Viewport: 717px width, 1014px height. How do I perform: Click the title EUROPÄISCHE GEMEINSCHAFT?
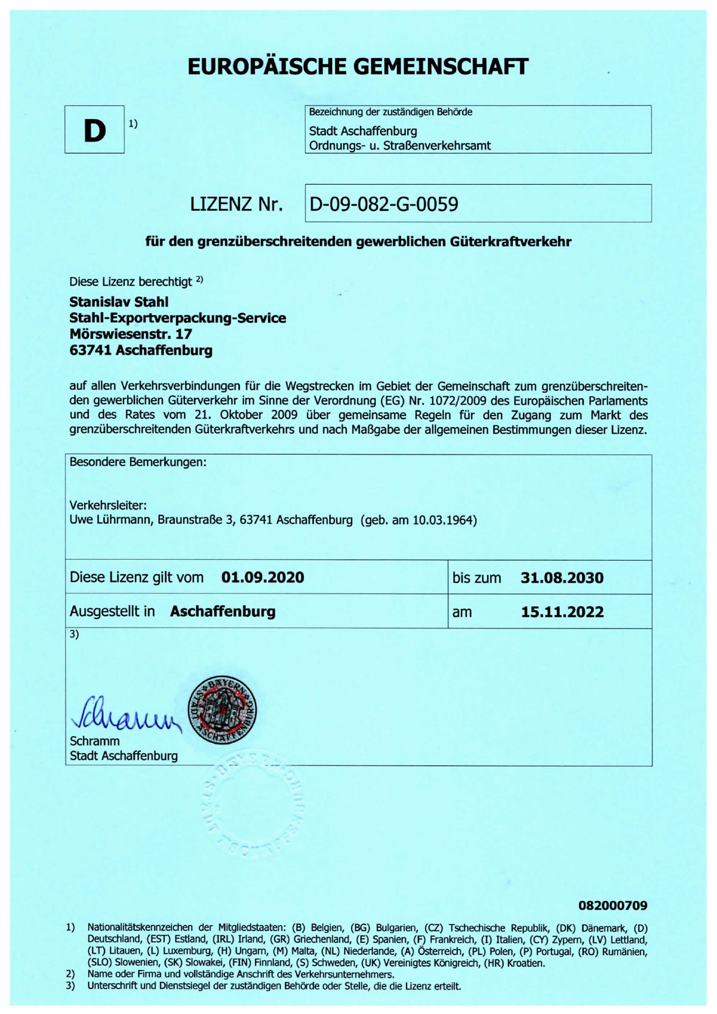358,67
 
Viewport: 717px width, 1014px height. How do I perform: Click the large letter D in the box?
95,130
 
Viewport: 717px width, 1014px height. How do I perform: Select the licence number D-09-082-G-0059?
384,204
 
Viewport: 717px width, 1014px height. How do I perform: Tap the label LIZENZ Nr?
236,204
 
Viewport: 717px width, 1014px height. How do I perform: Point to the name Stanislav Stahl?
119,302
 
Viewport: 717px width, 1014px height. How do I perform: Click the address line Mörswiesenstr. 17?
130,334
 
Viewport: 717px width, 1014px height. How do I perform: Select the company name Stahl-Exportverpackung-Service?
177,318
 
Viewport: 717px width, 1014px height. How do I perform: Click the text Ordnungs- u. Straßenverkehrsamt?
400,145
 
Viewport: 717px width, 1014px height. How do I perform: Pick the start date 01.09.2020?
262,577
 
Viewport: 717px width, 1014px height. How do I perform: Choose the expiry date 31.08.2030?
562,577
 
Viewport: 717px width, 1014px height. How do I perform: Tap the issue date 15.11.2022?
562,612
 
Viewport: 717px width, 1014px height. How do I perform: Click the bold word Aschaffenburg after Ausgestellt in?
222,612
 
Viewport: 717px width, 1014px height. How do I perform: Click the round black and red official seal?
222,710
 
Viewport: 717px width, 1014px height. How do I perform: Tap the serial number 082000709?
612,906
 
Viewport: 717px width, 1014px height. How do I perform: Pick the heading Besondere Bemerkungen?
138,462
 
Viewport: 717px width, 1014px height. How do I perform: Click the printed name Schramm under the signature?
95,741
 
